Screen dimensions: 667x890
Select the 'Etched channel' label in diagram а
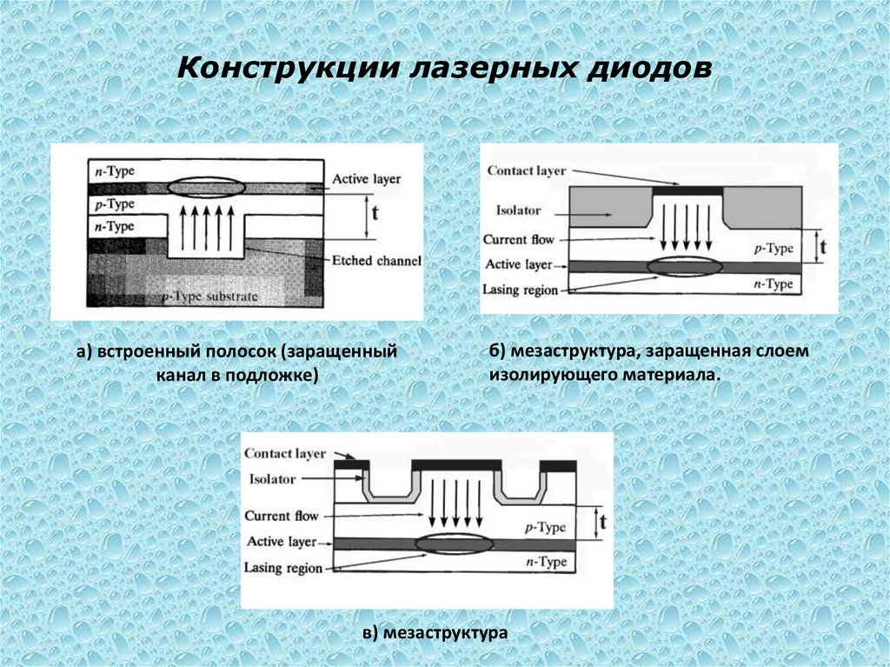376,260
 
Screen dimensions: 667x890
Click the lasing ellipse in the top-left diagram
205,187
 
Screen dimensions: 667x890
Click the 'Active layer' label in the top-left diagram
366,178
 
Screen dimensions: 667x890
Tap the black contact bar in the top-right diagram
687,190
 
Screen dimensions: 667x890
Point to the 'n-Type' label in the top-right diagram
773,284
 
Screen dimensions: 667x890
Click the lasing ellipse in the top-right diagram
685,267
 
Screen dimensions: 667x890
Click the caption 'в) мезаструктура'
435,633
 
